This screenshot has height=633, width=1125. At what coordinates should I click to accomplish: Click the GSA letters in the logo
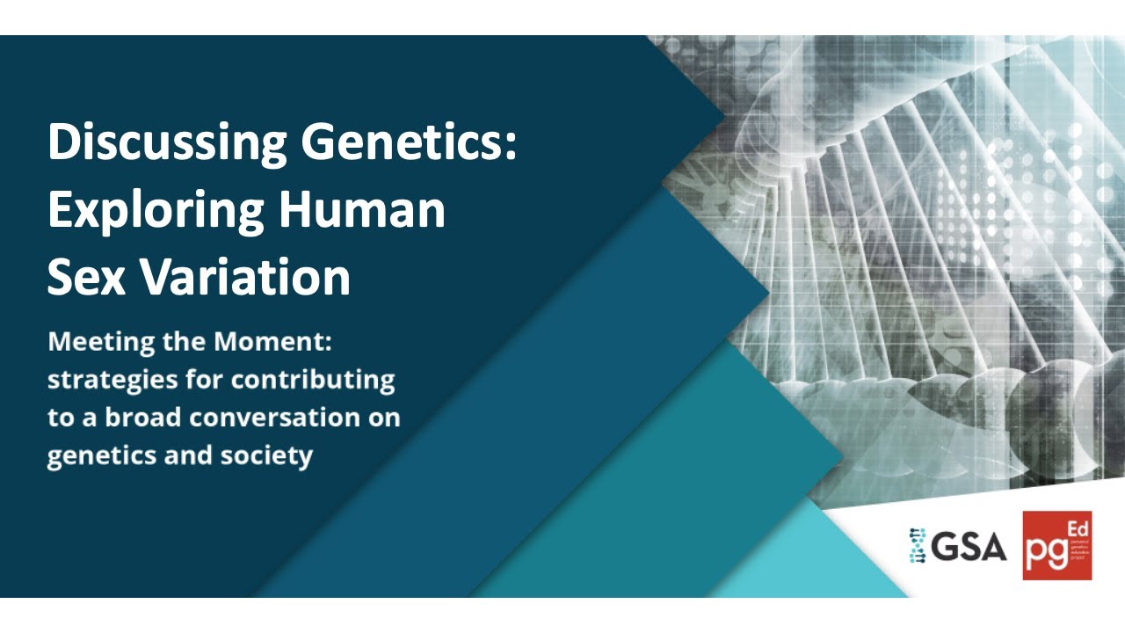tap(969, 547)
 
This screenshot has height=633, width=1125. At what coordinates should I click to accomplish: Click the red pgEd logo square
tap(1057, 545)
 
